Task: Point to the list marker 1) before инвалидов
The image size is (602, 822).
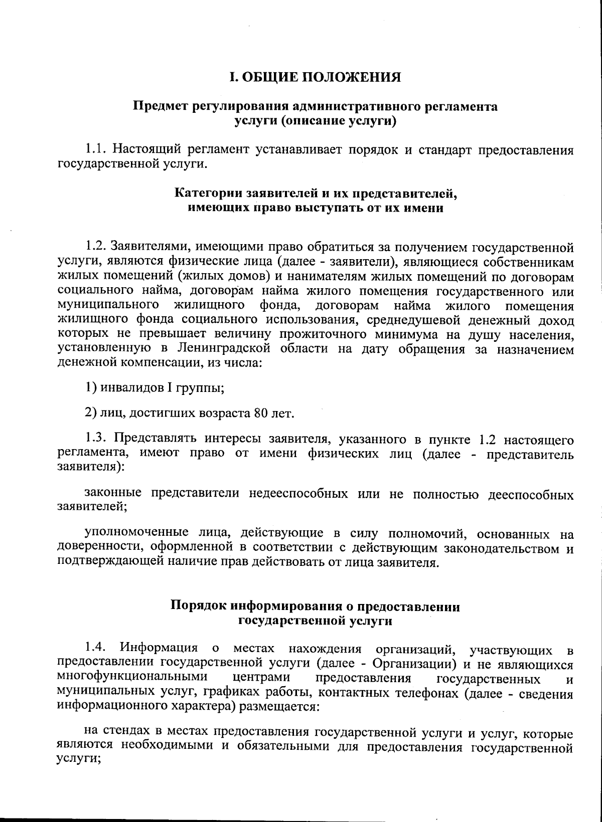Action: tap(90, 387)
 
